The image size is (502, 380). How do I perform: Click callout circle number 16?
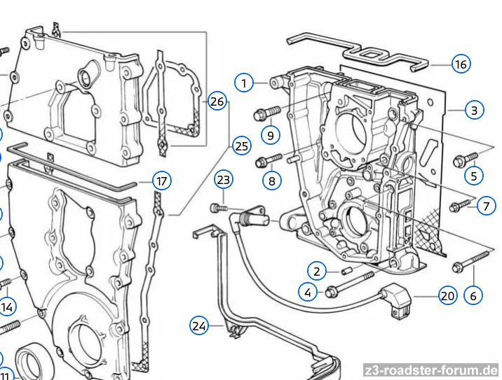tap(460, 64)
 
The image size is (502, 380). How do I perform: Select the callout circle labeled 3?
tap(474, 110)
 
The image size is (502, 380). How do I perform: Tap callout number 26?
tap(217, 101)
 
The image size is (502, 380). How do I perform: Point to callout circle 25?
tap(241, 146)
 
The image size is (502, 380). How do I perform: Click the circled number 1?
tap(244, 83)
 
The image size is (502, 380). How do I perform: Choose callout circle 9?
tap(271, 133)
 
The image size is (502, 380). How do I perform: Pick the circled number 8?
tap(272, 181)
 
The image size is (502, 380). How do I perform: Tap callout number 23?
tap(224, 181)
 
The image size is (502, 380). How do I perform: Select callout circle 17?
tap(162, 181)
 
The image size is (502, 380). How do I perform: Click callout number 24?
tap(200, 325)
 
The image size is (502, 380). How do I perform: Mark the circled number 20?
tap(447, 296)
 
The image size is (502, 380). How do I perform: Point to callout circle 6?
tap(473, 295)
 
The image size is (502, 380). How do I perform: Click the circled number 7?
tap(485, 206)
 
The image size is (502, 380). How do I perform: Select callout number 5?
tap(475, 176)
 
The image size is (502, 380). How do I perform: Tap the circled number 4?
tap(307, 292)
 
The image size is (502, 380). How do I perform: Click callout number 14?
tap(8, 307)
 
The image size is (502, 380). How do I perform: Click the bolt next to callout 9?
tap(269, 110)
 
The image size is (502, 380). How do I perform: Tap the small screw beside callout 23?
tap(219, 207)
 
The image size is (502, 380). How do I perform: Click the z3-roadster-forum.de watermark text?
tap(431, 370)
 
